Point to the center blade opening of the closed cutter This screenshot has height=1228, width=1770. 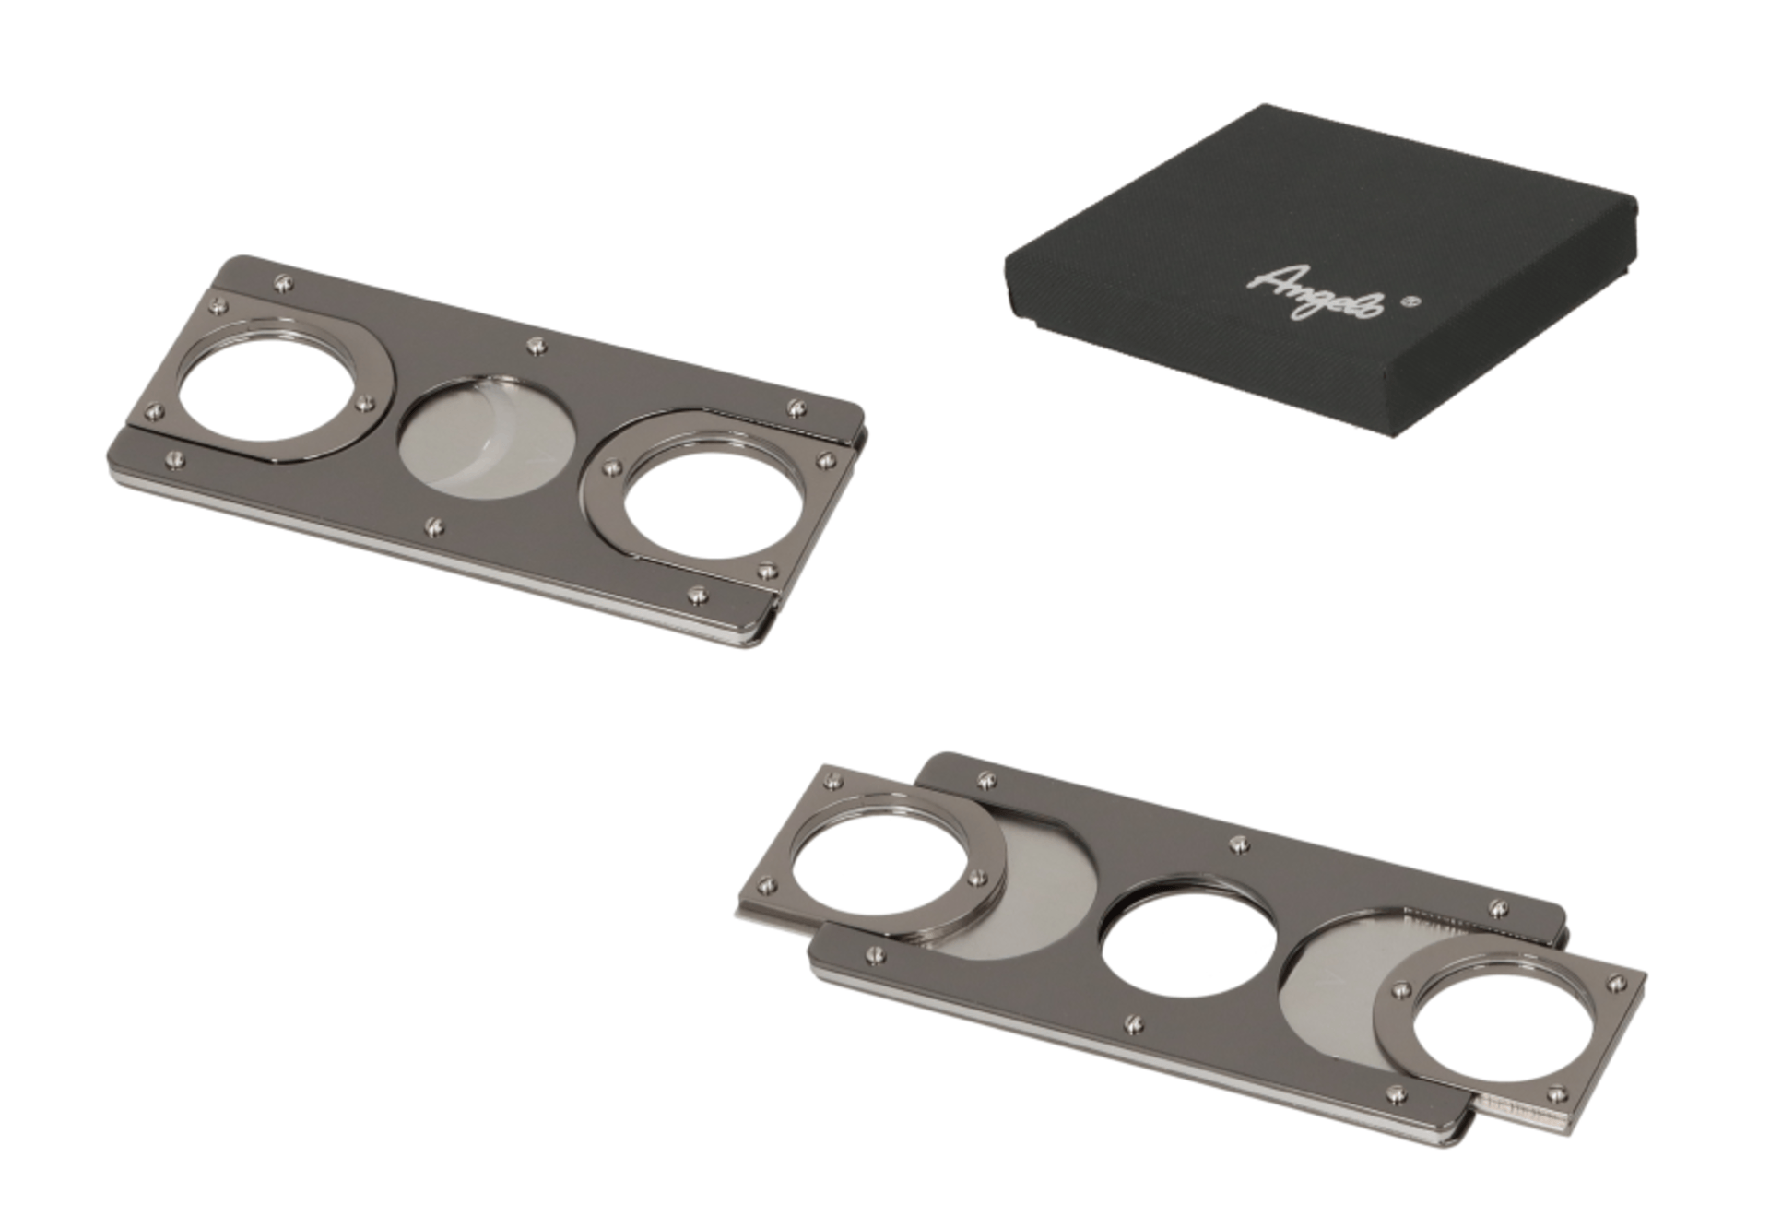487,437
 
